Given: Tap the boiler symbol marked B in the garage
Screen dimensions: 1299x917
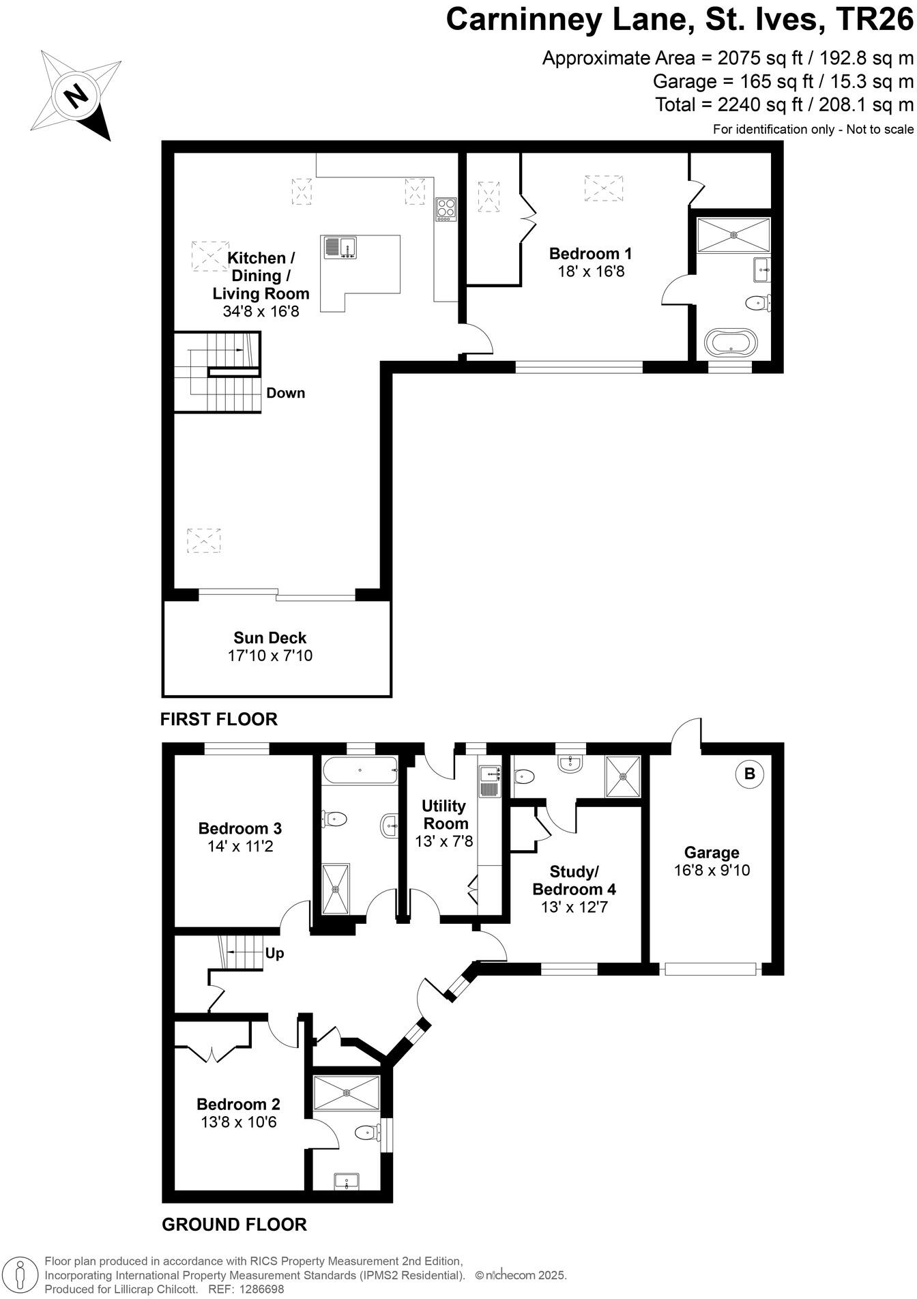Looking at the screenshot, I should [749, 774].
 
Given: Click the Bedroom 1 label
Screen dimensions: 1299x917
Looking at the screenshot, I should [590, 254].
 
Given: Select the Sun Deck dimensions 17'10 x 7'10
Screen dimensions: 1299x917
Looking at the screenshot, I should [270, 656].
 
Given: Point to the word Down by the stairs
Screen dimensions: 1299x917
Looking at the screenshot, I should [285, 393].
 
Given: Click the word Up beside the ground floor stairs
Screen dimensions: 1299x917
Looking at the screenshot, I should [274, 953].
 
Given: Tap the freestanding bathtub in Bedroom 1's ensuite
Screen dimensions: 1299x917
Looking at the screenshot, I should [730, 341].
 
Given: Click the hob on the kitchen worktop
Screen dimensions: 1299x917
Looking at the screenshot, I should [446, 209].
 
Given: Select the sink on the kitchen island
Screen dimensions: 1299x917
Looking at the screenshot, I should [340, 247].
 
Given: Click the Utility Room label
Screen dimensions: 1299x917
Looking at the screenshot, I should [443, 815].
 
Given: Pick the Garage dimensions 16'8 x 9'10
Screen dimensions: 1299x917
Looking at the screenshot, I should [712, 871].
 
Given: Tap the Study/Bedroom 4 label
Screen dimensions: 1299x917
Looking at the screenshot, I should [574, 881].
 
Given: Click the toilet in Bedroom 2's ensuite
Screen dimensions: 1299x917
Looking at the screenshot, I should [366, 1133].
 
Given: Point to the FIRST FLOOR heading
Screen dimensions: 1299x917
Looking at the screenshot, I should [219, 719].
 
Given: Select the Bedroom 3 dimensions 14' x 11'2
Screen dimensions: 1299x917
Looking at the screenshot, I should [240, 847].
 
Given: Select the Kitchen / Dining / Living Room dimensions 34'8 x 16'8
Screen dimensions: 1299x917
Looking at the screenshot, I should [261, 312].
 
